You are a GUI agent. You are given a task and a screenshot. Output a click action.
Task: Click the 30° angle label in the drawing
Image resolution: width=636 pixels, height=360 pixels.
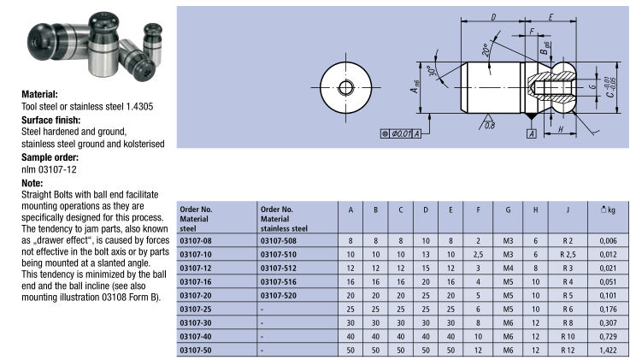[x=433, y=71]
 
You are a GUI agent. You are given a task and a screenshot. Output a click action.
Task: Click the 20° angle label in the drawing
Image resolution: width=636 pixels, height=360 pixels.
[x=486, y=50]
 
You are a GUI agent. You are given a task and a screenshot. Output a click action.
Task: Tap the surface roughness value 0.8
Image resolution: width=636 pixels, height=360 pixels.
[x=490, y=126]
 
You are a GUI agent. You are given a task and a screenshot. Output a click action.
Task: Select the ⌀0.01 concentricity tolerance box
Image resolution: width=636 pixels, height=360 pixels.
[x=400, y=133]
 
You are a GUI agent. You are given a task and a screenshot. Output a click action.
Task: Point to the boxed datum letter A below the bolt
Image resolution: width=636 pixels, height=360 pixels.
[x=532, y=134]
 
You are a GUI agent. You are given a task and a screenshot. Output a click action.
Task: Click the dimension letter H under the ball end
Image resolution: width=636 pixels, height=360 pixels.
[x=560, y=129]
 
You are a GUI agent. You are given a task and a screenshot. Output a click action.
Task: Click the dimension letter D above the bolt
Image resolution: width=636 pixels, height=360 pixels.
[x=493, y=17]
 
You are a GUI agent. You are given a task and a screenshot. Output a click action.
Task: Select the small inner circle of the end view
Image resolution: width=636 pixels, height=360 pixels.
[x=345, y=87]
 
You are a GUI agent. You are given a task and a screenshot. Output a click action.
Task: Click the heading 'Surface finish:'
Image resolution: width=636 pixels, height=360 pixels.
[x=50, y=120]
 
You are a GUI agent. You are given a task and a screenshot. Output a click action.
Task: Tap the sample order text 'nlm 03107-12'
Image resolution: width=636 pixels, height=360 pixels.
[x=49, y=169]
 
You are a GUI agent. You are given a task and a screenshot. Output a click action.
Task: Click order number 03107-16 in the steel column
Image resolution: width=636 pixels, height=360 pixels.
[x=196, y=281]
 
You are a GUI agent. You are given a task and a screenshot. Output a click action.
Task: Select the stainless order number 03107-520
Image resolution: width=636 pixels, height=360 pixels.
[x=279, y=296]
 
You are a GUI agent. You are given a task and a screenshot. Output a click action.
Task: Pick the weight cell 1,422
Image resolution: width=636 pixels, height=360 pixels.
[x=608, y=350]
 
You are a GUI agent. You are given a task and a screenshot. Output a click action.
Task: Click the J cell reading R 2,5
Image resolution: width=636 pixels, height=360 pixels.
[x=568, y=255]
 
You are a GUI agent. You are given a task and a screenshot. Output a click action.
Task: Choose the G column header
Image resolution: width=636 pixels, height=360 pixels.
[x=508, y=210]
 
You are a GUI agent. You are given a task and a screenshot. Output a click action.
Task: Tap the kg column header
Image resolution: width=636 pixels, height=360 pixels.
[x=608, y=210]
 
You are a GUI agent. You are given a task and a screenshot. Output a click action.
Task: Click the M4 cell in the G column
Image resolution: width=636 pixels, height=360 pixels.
[x=508, y=269]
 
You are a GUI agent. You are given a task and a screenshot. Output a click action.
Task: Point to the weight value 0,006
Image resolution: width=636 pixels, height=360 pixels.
[x=608, y=240]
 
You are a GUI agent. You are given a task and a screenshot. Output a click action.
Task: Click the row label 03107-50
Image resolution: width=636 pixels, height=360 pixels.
[x=196, y=350]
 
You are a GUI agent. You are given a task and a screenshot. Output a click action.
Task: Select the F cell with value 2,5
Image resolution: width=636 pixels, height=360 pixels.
[x=478, y=255]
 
